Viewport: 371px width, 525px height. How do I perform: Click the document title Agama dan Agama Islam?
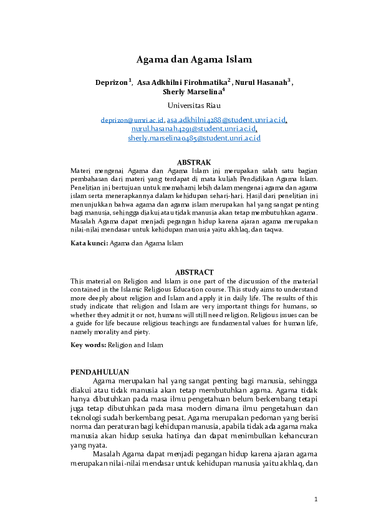click(x=194, y=60)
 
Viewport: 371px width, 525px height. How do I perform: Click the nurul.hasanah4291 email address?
click(x=193, y=129)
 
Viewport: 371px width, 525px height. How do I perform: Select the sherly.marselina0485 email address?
click(x=194, y=138)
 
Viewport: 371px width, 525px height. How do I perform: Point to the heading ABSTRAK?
click(x=194, y=162)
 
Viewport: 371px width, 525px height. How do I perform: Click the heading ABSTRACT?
click(x=194, y=272)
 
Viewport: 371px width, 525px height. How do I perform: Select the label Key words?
click(x=89, y=345)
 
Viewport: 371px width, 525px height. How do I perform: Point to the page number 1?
click(x=316, y=499)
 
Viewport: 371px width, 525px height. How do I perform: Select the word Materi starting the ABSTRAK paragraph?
click(x=80, y=170)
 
